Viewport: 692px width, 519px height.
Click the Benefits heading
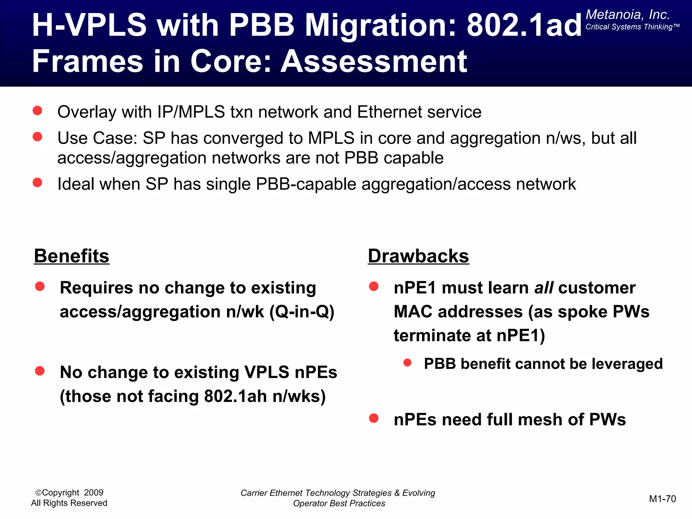[x=72, y=256]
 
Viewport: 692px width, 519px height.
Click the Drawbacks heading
[x=418, y=256]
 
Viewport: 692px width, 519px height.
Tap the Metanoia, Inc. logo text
[x=627, y=15]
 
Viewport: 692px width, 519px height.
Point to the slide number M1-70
[x=662, y=499]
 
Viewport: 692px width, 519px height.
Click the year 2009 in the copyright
[x=94, y=493]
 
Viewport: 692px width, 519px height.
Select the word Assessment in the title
[x=374, y=61]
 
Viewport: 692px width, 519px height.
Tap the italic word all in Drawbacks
[x=544, y=288]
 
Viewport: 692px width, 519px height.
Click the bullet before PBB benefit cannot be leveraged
[x=407, y=363]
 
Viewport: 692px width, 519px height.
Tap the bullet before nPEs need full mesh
[x=374, y=418]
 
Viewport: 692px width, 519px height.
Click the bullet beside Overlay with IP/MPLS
[x=38, y=110]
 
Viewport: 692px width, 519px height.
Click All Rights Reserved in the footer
[x=69, y=503]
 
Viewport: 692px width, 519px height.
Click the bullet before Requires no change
[x=40, y=287]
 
